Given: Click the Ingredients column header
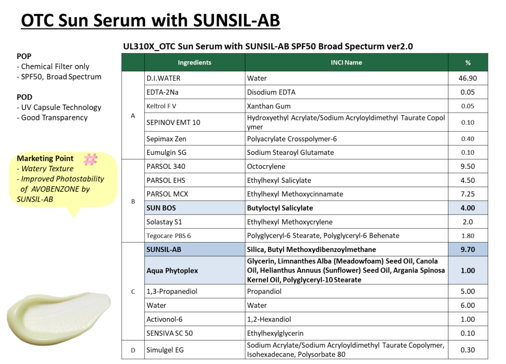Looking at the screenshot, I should pyautogui.click(x=195, y=63).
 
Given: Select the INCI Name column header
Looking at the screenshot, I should pyautogui.click(x=346, y=63).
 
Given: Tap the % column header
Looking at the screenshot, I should pyautogui.click(x=467, y=63).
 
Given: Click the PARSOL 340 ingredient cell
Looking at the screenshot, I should pyautogui.click(x=195, y=166).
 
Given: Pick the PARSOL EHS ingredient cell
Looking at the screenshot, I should pyautogui.click(x=195, y=180).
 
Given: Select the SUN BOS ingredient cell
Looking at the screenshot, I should pyautogui.click(x=195, y=208).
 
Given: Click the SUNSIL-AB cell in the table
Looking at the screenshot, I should pyautogui.click(x=195, y=249).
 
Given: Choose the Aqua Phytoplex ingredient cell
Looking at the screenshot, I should pyautogui.click(x=195, y=271).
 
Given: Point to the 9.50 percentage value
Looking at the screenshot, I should pyautogui.click(x=467, y=166).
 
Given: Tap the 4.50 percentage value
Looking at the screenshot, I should pyautogui.click(x=467, y=180).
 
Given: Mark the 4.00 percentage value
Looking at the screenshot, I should pyautogui.click(x=467, y=208).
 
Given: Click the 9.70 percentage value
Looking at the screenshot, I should pyautogui.click(x=467, y=249).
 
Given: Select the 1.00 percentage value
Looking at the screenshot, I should pyautogui.click(x=467, y=271).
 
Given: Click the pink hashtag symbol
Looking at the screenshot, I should pyautogui.click(x=90, y=159).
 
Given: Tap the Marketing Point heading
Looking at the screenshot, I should pyautogui.click(x=45, y=159).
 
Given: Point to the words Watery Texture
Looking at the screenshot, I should pyautogui.click(x=47, y=168).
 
